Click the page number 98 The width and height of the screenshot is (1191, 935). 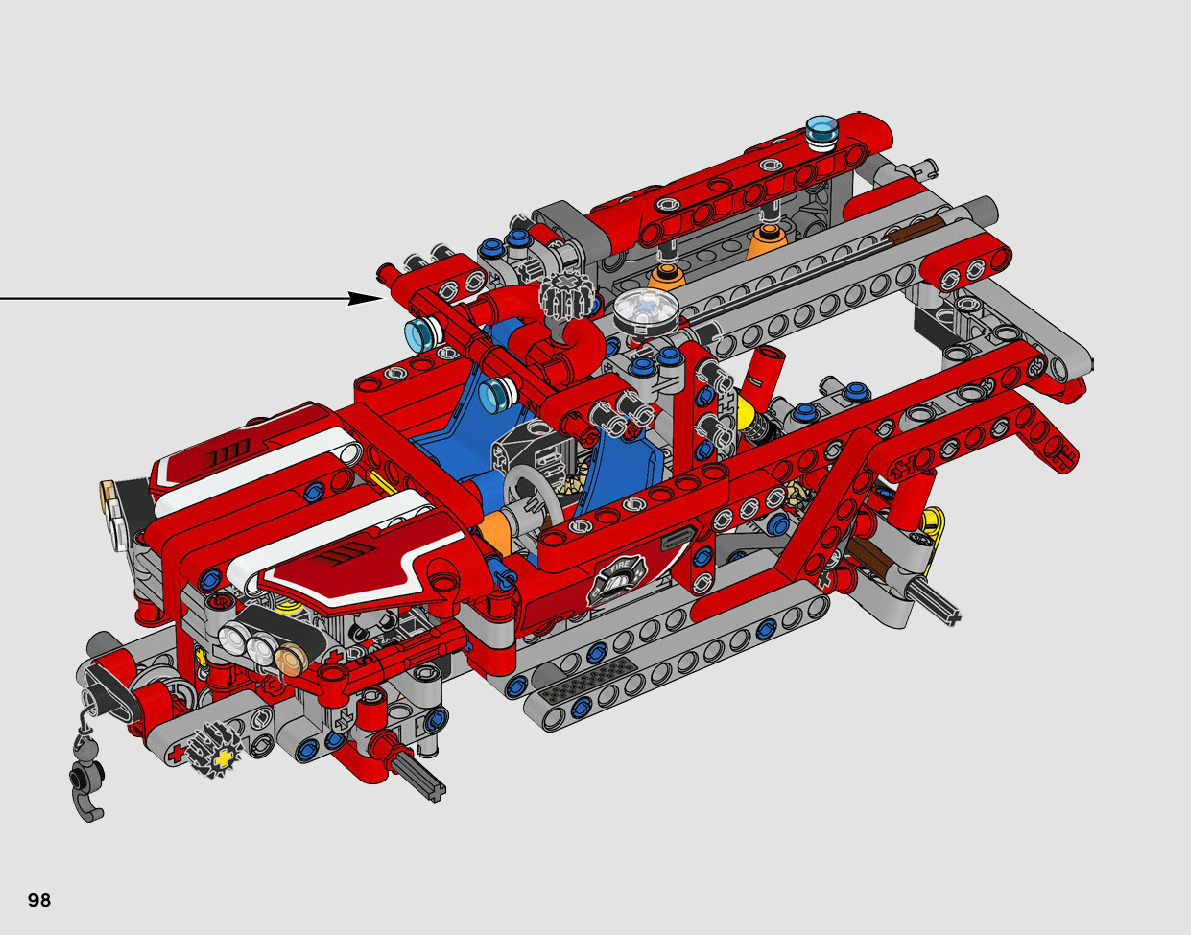(x=39, y=900)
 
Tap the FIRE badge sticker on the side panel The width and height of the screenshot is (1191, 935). (x=618, y=581)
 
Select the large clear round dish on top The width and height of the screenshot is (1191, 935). (x=646, y=311)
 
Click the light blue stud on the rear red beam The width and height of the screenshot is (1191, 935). (x=821, y=131)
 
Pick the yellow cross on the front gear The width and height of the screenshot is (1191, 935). (x=223, y=757)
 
